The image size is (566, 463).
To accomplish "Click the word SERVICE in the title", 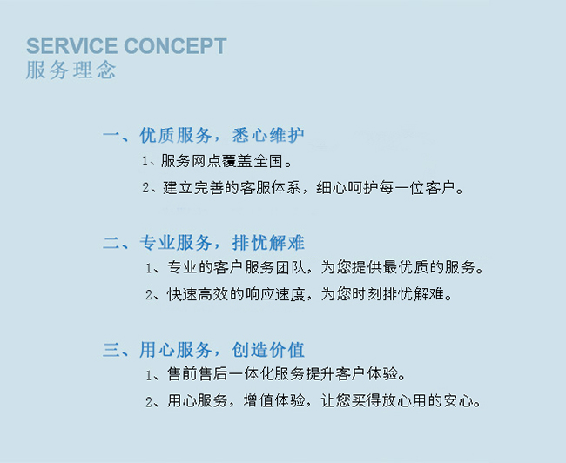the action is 71,46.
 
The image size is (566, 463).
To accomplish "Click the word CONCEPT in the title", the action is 175,46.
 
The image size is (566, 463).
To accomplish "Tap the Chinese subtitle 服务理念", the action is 71,70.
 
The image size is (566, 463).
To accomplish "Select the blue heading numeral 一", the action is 111,135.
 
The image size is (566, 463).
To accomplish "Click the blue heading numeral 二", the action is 111,243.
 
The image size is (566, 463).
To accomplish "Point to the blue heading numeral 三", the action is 111,350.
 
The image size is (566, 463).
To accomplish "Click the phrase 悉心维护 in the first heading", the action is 268,135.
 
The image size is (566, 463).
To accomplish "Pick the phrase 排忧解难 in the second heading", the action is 268,243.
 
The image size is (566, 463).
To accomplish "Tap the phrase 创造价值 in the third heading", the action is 268,350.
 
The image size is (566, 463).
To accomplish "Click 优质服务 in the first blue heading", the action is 176,135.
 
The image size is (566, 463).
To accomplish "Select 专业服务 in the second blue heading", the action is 176,243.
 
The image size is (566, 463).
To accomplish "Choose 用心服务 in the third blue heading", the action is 176,350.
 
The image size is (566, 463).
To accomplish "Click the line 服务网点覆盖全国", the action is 222,161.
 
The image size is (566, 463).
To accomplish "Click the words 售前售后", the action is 198,374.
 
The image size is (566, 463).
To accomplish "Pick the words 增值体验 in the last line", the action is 274,400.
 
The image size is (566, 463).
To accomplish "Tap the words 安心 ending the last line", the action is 459,400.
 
